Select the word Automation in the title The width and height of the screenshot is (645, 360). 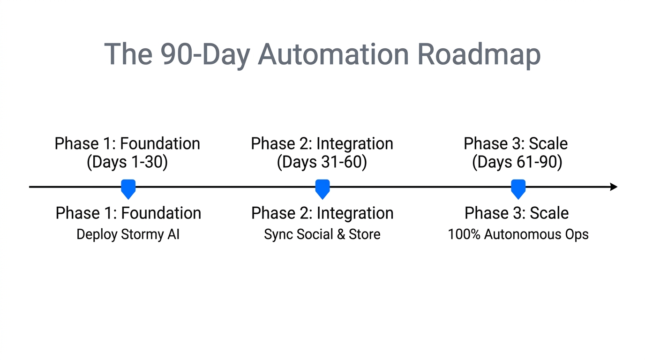click(333, 54)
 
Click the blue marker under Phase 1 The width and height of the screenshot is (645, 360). click(128, 188)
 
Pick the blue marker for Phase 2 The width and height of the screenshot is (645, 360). click(322, 188)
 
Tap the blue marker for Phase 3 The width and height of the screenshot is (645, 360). click(517, 188)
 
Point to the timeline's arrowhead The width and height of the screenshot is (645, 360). click(614, 187)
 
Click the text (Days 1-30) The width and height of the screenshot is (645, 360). click(127, 162)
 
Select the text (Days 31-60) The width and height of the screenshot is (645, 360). click(322, 162)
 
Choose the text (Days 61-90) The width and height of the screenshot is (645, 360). click(517, 162)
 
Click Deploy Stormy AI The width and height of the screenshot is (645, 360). click(128, 234)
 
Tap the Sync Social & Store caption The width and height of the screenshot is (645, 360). click(322, 234)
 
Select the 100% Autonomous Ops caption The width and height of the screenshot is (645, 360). click(518, 234)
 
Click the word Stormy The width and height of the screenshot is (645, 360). click(141, 234)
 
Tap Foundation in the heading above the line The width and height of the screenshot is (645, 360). click(161, 143)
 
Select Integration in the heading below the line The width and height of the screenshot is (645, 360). click(355, 213)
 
